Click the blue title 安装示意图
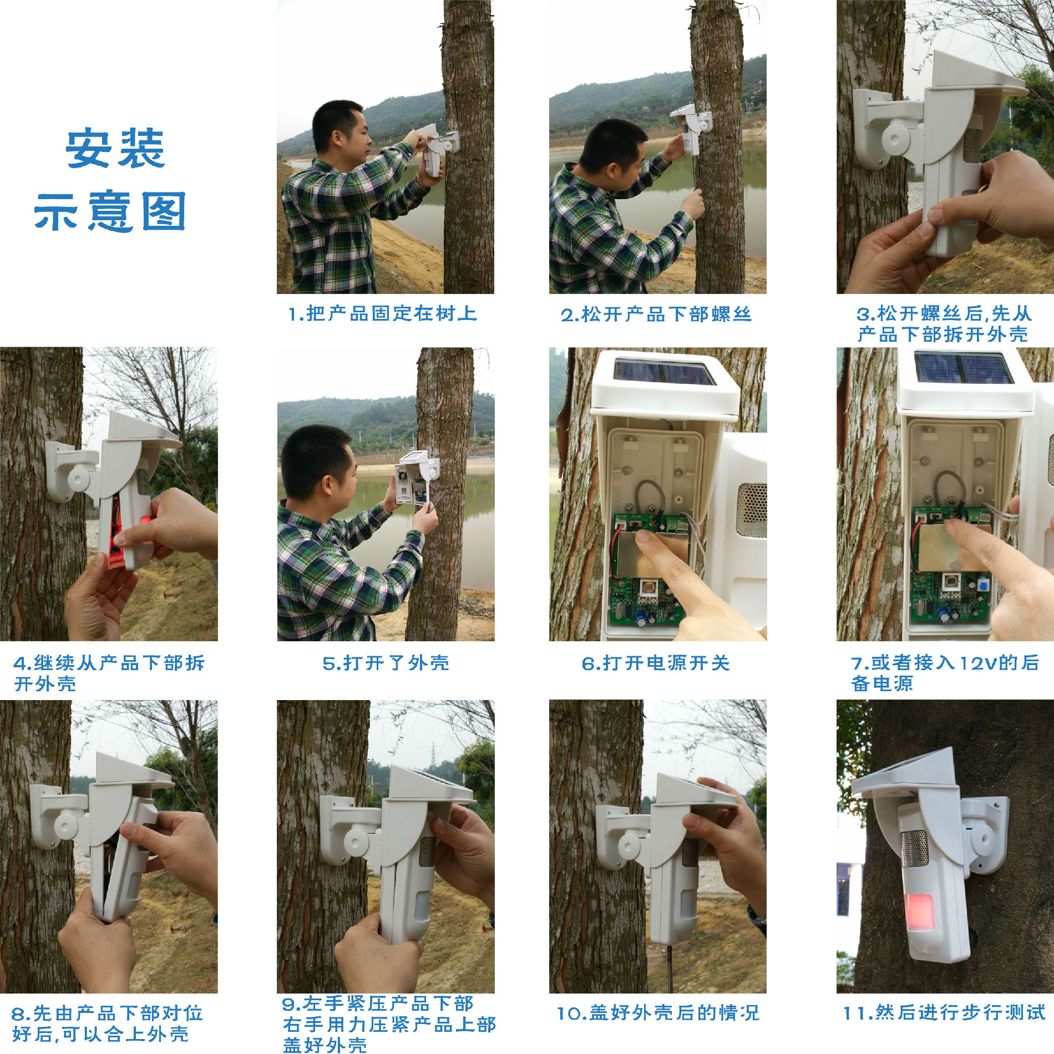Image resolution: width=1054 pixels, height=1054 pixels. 110,180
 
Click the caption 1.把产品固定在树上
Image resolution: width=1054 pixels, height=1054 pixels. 383,314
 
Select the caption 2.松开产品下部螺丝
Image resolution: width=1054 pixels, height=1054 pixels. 656,315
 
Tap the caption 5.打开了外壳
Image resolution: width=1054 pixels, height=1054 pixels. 386,663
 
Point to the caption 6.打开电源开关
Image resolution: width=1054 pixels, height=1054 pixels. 656,663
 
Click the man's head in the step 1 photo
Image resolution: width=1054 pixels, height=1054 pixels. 339,131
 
